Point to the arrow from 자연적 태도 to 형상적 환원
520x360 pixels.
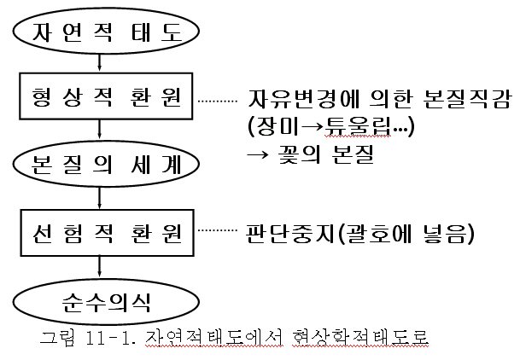[x=102, y=63]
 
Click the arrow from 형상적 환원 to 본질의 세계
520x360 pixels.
[x=102, y=130]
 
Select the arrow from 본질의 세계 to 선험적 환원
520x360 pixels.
[x=102, y=196]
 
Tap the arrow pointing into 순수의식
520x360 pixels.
[x=102, y=265]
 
